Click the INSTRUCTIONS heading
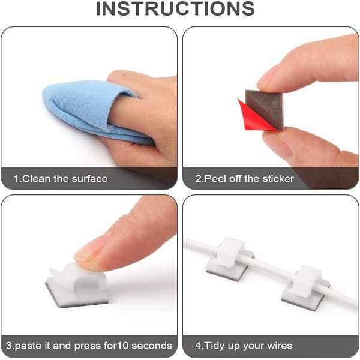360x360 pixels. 175,8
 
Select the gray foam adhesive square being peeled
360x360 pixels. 265,109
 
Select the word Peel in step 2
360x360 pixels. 215,179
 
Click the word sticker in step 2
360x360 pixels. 278,179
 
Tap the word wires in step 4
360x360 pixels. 279,346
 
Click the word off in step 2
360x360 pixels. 235,179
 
